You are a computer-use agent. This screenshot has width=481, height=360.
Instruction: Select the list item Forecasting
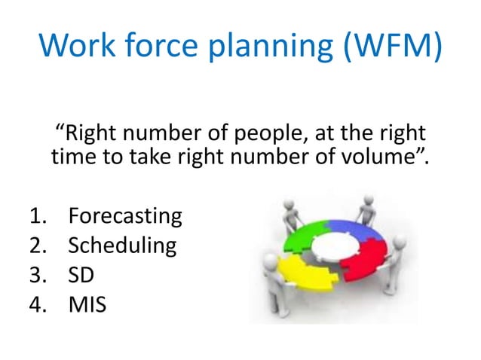(x=125, y=217)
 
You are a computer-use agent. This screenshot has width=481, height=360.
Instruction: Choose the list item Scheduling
(x=122, y=246)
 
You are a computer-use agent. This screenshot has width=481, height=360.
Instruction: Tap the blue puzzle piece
(x=357, y=230)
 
